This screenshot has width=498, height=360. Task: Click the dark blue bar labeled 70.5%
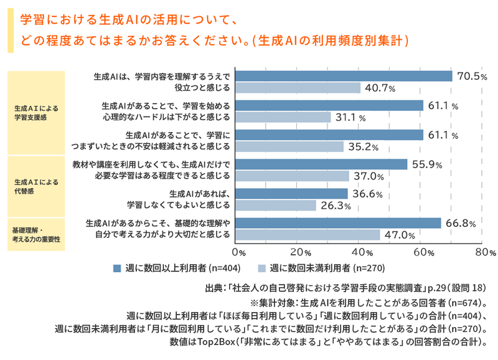(x=344, y=76)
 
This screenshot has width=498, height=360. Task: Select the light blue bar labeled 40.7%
(x=298, y=88)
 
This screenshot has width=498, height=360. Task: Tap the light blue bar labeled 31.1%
(x=283, y=117)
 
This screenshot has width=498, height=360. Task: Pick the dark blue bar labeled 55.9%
(x=321, y=164)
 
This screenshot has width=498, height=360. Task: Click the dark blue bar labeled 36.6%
(x=291, y=194)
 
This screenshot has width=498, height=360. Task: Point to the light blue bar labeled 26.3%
(x=276, y=206)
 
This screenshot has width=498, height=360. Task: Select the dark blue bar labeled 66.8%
(x=338, y=223)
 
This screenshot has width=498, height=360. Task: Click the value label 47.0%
(x=400, y=235)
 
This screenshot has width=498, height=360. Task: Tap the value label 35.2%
(x=364, y=147)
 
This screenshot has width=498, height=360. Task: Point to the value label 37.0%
(x=369, y=176)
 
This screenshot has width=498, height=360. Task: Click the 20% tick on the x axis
(x=301, y=252)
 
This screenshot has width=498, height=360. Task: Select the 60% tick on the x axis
(x=424, y=252)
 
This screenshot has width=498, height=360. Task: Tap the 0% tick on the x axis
(x=239, y=252)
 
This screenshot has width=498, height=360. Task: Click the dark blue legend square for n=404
(x=117, y=268)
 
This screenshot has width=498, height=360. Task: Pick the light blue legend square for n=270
(x=261, y=268)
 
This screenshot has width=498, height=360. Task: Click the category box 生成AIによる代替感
(x=36, y=186)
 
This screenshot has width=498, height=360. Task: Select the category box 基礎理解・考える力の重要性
(x=36, y=235)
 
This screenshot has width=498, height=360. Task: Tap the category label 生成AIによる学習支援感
(x=36, y=113)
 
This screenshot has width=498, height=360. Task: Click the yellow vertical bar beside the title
(x=11, y=30)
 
